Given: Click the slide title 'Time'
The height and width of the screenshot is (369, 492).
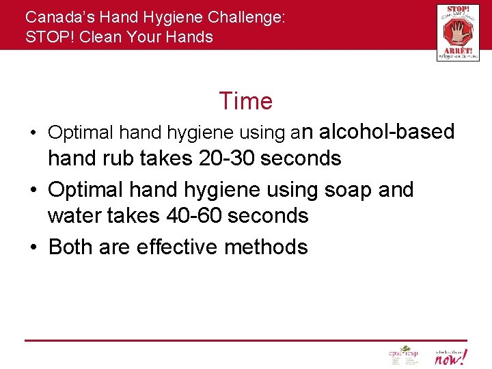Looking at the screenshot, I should (245, 101).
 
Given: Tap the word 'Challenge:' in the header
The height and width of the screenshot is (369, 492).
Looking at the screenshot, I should (249, 18).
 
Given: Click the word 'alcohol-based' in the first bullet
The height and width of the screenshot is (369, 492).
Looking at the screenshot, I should (387, 131).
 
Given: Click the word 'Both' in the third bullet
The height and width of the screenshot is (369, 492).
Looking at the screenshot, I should (71, 246).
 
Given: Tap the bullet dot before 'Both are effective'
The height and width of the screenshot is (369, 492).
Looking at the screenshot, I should (33, 247).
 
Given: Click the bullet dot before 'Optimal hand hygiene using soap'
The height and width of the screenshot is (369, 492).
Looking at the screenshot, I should (33, 189).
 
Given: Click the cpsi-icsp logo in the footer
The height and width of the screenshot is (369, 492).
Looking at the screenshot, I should (402, 355).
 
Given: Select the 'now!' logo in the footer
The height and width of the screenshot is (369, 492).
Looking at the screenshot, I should (451, 356).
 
